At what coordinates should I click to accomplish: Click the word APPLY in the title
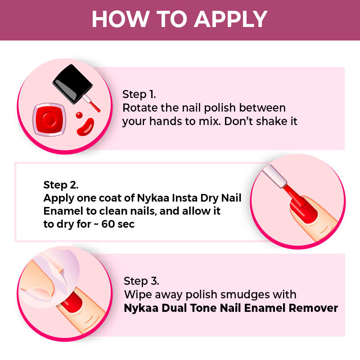[231, 19]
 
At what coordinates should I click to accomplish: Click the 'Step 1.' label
[139, 94]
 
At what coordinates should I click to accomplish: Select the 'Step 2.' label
[61, 185]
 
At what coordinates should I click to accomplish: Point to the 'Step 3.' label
[141, 281]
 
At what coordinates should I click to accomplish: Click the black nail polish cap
[72, 84]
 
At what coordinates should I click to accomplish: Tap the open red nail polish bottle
[49, 120]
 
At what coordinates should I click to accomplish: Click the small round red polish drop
[79, 115]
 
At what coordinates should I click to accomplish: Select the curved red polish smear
[85, 127]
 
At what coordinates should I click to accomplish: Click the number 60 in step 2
[108, 224]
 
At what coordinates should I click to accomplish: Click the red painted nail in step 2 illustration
[303, 209]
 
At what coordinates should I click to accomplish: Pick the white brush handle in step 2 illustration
[274, 176]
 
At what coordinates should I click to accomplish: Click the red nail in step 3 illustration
[72, 302]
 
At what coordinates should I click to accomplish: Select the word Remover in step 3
[313, 308]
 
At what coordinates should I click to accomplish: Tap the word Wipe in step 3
[138, 295]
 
